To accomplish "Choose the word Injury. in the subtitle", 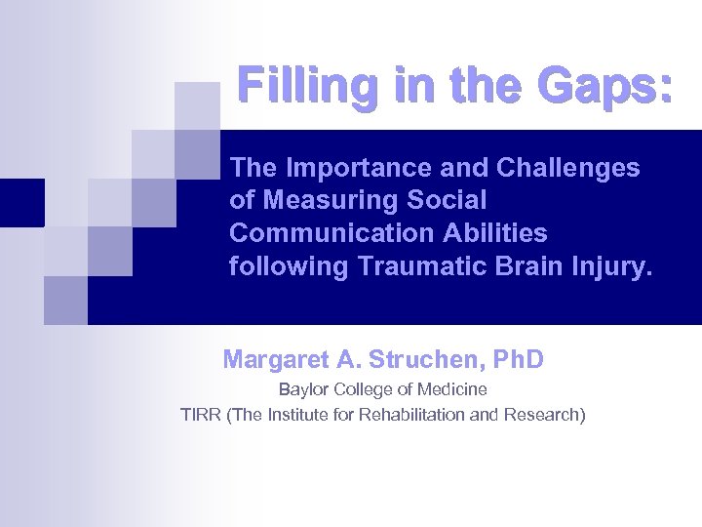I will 606,267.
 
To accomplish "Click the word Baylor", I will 303,390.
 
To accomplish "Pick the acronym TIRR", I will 200,415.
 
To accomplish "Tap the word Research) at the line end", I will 545,415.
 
